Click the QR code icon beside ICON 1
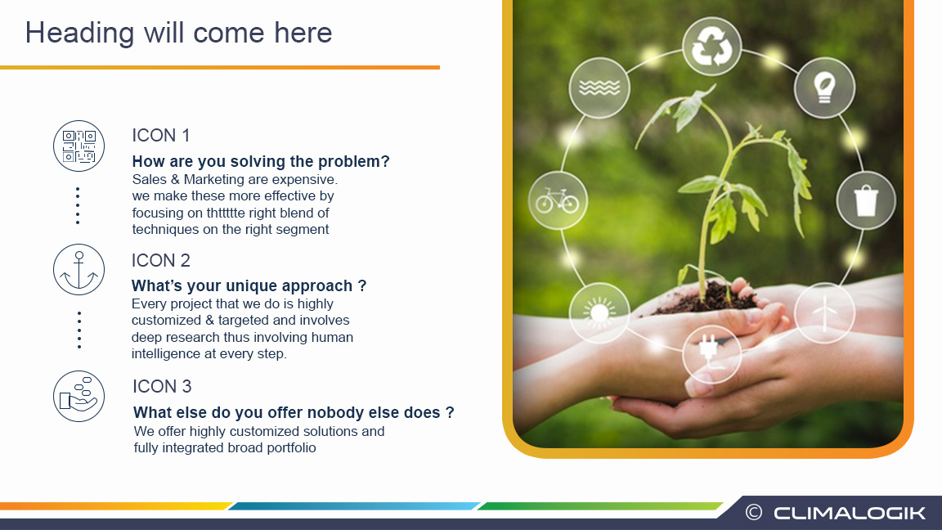pos(78,146)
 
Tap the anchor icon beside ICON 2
pos(78,270)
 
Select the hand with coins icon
pos(78,396)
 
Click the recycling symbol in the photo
pos(712,47)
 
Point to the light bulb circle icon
pos(824,88)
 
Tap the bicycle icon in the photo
pos(558,200)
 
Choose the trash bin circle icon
pos(866,200)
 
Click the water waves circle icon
pos(599,88)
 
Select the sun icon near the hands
pos(599,313)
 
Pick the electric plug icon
pos(712,354)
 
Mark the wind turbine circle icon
pos(824,313)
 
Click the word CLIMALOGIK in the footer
pos(850,513)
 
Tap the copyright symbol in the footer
pos(753,513)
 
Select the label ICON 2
pos(160,260)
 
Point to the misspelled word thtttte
pos(226,213)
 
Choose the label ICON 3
pos(162,386)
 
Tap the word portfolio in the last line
pos(291,447)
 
